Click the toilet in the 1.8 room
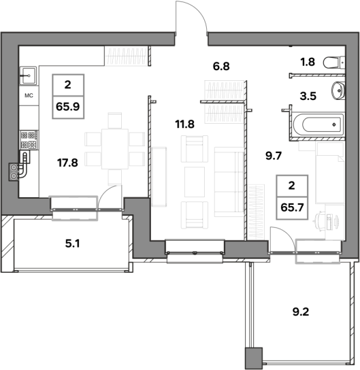333,63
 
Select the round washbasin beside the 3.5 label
338,90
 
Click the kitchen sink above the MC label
29,75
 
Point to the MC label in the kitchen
29,95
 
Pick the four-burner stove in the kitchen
29,139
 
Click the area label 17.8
67,163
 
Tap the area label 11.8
185,124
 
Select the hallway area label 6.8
221,66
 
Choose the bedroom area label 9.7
274,156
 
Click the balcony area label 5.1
72,243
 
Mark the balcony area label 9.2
301,312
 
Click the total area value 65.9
68,107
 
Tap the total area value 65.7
292,208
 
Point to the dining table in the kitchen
115,149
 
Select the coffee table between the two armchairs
195,182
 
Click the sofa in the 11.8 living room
229,182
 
